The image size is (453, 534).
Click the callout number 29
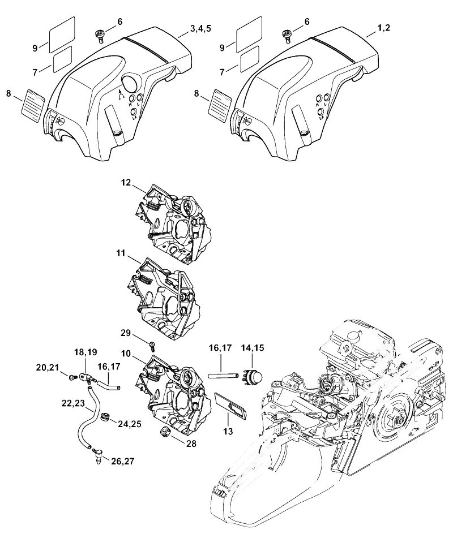pos(126,333)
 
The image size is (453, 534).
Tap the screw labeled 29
pos(152,346)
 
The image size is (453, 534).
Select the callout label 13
pos(228,432)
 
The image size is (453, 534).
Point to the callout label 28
pos(191,443)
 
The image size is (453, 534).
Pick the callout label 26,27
pos(122,461)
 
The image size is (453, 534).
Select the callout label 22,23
pos(73,403)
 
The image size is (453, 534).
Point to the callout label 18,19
pos(86,352)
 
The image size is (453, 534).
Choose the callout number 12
pos(126,183)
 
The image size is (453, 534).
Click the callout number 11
pos(121,253)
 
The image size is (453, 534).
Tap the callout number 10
pos(126,354)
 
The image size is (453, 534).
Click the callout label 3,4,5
pos(200,28)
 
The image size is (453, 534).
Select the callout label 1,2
pos(383,28)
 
